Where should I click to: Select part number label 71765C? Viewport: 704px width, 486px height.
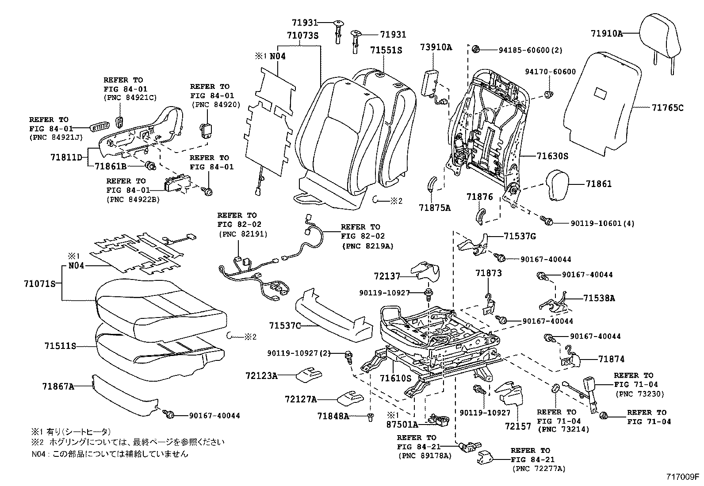[667, 107]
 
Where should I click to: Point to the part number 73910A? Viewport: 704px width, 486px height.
[436, 48]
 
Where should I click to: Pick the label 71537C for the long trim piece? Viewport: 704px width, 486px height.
[285, 326]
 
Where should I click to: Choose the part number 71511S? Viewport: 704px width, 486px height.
[60, 346]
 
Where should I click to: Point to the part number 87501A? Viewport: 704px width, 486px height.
[401, 425]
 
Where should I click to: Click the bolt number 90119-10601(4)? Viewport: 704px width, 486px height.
[595, 224]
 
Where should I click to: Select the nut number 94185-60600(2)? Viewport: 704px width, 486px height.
[525, 50]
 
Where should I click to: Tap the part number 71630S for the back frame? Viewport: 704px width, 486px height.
[552, 156]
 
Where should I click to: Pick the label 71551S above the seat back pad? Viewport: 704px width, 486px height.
[386, 50]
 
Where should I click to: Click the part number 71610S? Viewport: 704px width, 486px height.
[395, 378]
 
